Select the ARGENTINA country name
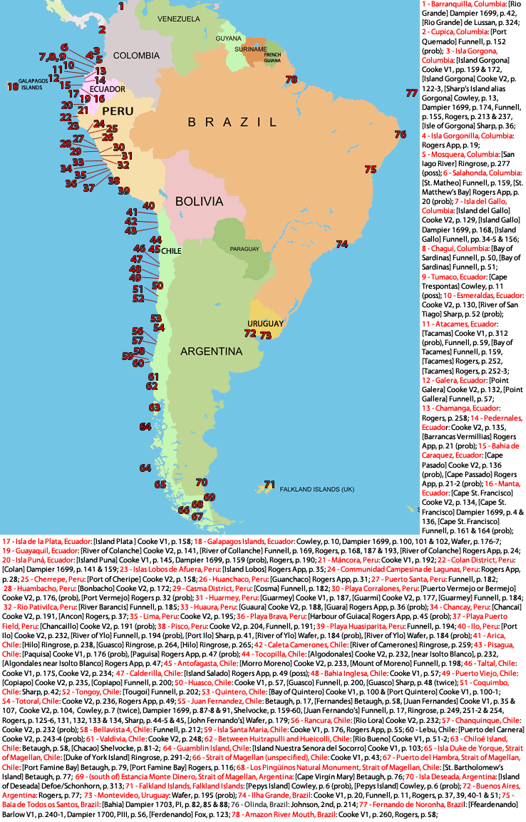(x=211, y=351)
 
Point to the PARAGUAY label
(x=244, y=249)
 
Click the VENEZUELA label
(x=180, y=18)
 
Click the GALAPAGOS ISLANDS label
(x=21, y=84)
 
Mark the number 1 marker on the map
(x=121, y=6)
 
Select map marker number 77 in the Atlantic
(x=411, y=93)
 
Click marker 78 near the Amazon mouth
(x=291, y=79)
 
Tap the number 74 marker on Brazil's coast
(x=342, y=245)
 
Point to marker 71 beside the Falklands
(x=269, y=485)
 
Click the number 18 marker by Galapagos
(x=12, y=87)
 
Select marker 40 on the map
(x=148, y=206)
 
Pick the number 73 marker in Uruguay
(x=266, y=334)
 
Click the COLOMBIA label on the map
(x=135, y=55)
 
